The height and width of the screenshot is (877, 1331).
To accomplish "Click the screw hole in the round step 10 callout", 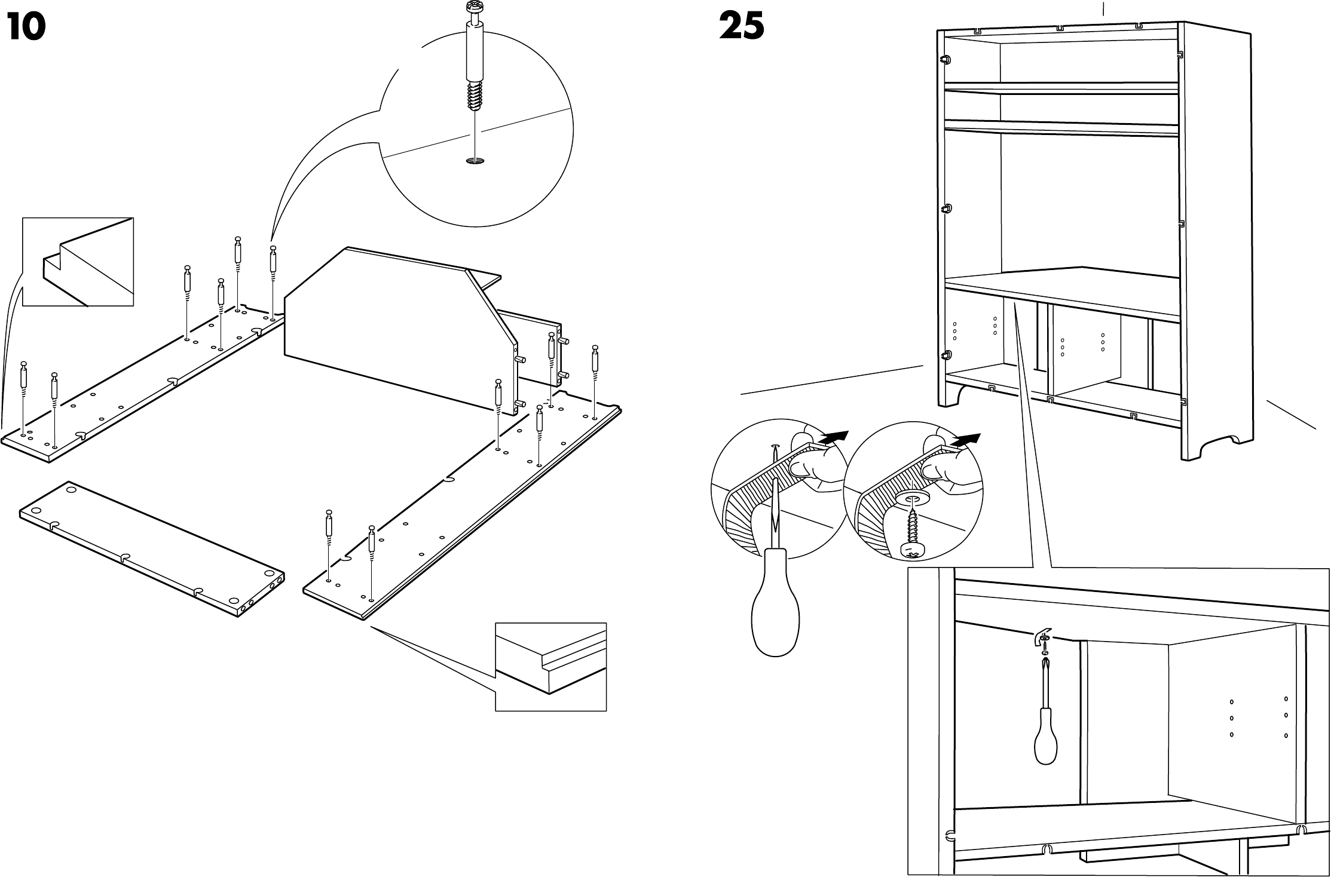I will pos(476,161).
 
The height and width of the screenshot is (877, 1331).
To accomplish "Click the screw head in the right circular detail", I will pos(910,550).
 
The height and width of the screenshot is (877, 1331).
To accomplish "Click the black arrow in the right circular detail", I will pos(966,440).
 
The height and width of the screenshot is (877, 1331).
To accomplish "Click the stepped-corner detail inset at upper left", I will pos(78,262).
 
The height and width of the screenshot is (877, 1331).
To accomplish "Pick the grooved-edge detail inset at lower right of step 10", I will pos(550,667).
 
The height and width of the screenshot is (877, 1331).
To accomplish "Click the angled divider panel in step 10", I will pos(394,323).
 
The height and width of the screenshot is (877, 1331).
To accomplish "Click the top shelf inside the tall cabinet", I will pos(1061,87).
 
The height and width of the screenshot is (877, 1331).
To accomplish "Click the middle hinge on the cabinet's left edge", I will pos(947,210).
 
